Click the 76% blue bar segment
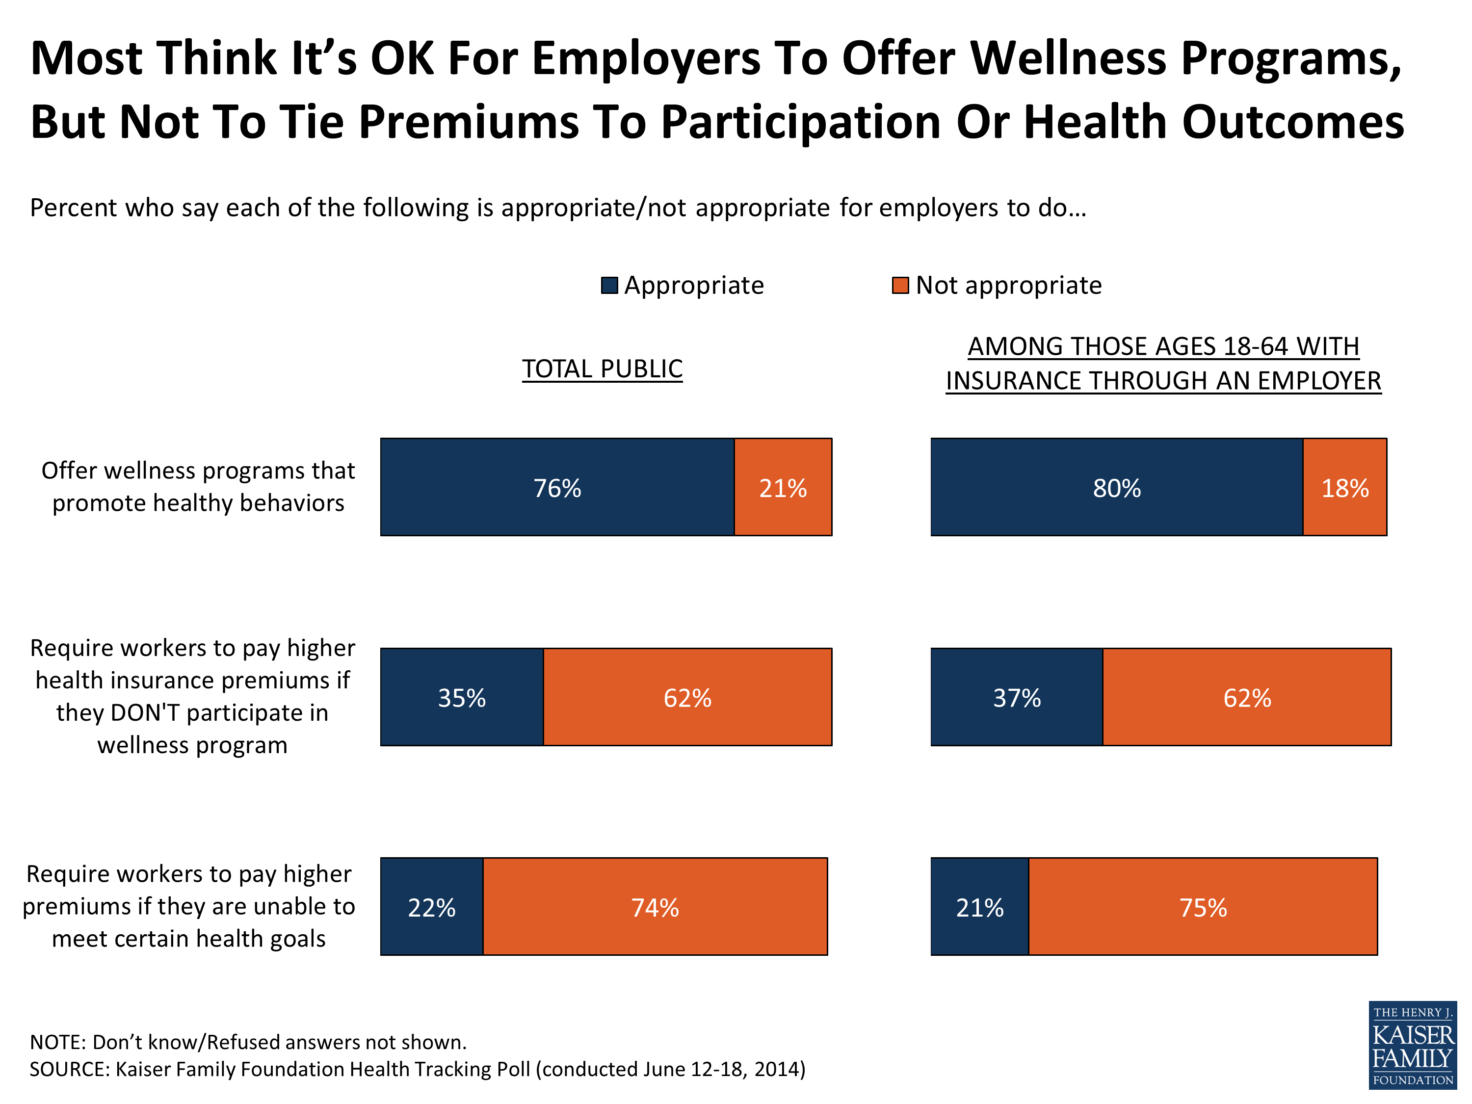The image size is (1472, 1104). [x=557, y=487]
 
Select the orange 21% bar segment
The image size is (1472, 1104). [x=783, y=487]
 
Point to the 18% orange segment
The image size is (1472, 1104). [x=1344, y=487]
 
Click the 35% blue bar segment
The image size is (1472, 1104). [x=462, y=697]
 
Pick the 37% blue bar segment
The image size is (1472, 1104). [x=1016, y=697]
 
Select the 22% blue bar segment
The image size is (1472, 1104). [x=431, y=906]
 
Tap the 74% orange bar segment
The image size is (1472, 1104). [x=655, y=906]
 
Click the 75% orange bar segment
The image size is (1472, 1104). [x=1203, y=906]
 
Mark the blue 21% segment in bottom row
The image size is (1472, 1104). [x=979, y=906]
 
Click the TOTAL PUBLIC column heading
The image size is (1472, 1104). [x=602, y=368]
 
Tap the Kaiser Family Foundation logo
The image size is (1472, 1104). [x=1412, y=1045]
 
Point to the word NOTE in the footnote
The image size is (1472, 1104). [x=56, y=1042]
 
